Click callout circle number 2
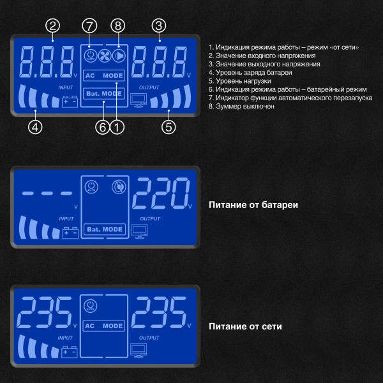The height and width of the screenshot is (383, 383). pos(54,26)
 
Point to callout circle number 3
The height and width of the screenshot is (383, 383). pos(158,26)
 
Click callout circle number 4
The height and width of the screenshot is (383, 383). pos(36,126)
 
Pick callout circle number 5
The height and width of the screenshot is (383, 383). pos(169,126)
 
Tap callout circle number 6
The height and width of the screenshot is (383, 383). pos(101,126)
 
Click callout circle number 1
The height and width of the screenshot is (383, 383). pos(116,126)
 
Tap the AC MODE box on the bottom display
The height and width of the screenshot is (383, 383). pos(103,326)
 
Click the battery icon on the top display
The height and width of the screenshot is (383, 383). pos(69,101)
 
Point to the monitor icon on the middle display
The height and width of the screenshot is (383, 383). pos(139,230)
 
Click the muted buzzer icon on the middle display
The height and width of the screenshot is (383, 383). pos(117,187)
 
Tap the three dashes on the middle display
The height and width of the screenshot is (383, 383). pos(45,193)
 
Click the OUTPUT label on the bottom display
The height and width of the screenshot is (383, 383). pos(149,338)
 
